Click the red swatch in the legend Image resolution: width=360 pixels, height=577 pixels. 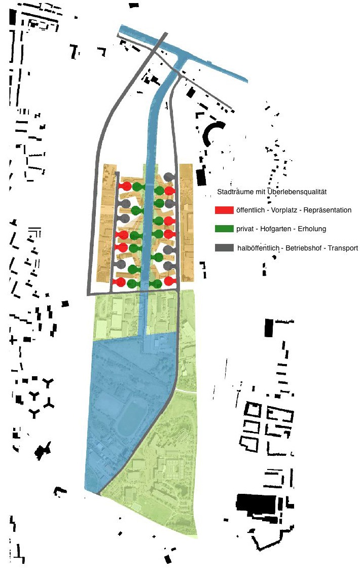(x=224, y=210)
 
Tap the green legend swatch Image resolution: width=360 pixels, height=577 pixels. (x=224, y=229)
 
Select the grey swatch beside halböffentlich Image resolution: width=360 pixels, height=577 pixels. (x=224, y=248)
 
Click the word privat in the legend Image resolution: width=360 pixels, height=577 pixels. (x=245, y=229)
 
